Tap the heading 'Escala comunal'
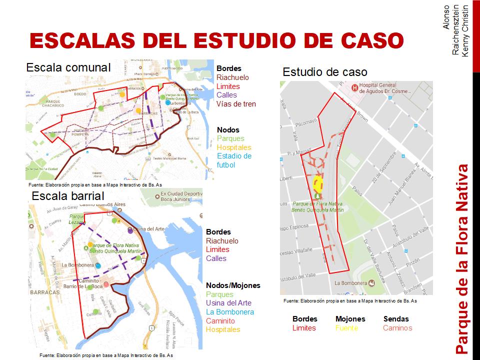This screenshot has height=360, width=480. point(68,67)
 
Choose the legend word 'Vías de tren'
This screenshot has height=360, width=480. point(236,104)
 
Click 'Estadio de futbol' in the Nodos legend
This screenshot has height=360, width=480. point(234,160)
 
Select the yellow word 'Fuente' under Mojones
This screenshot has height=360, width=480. point(346,328)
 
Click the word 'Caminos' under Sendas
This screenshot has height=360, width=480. point(397,328)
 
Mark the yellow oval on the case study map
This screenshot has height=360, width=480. point(317,183)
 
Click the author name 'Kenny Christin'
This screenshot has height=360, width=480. point(465,31)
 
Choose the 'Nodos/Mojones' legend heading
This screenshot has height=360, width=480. point(233,285)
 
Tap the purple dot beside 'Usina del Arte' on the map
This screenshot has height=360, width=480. point(130,231)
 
